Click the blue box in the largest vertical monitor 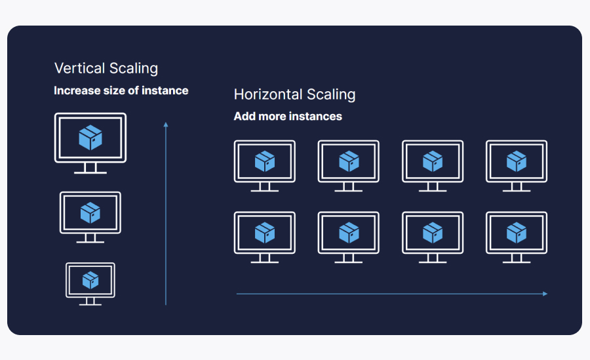click(x=90, y=138)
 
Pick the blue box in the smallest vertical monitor click(x=90, y=280)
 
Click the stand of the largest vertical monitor click(x=90, y=169)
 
